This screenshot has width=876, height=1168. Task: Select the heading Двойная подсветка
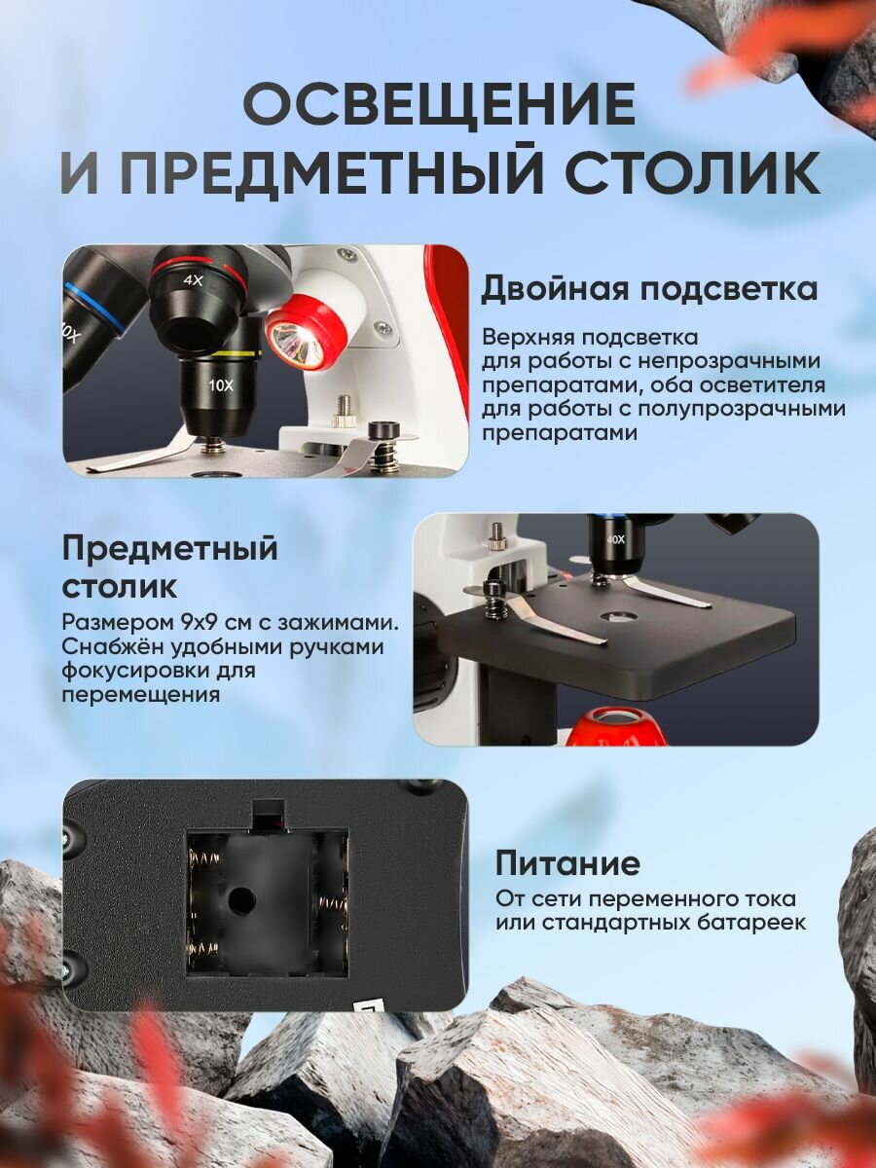pyautogui.click(x=649, y=289)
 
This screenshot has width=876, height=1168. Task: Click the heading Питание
pyautogui.click(x=567, y=863)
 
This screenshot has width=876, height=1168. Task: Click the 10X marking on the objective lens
pyautogui.click(x=221, y=384)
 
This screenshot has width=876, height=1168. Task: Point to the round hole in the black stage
pyautogui.click(x=615, y=617)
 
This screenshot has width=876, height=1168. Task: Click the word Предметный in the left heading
pyautogui.click(x=170, y=548)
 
